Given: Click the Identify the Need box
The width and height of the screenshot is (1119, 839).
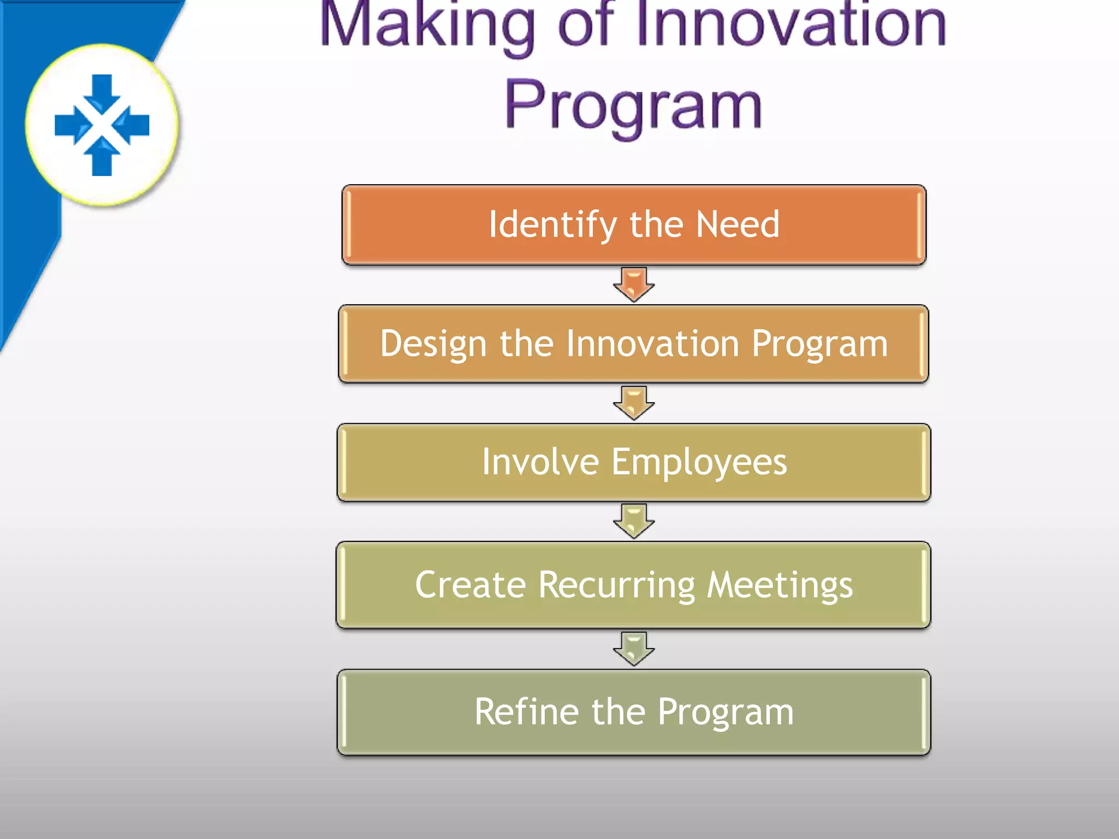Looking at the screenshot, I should click(x=634, y=225).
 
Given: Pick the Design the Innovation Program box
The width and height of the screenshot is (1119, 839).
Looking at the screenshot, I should click(x=634, y=344).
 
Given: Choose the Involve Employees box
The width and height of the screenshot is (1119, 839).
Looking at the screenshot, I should click(x=634, y=463).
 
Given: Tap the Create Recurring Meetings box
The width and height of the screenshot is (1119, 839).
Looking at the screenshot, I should click(x=634, y=585).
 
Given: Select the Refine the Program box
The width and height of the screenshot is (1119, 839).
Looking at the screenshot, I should click(x=634, y=712).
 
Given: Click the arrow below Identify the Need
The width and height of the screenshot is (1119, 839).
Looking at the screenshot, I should click(x=634, y=285).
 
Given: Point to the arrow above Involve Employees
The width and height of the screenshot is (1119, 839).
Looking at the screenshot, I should click(x=634, y=403).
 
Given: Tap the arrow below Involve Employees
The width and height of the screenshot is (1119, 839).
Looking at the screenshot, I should click(x=634, y=521).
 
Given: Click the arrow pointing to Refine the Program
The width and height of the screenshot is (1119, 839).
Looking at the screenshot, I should click(x=634, y=649).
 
